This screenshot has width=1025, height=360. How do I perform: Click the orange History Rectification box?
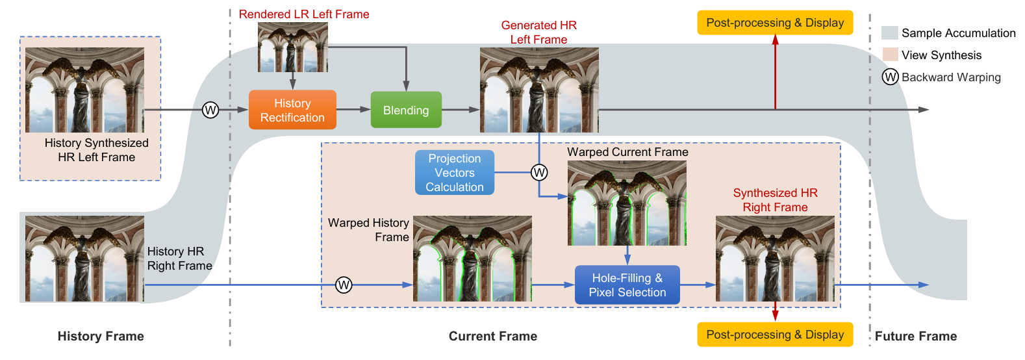tap(292, 110)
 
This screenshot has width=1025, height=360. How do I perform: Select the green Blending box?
tap(406, 110)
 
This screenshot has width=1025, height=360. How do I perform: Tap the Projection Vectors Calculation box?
tap(455, 173)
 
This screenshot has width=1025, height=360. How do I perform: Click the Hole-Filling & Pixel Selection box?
tap(627, 285)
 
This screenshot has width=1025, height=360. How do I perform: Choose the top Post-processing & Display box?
tap(775, 23)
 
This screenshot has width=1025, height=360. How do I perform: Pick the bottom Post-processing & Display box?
tap(775, 335)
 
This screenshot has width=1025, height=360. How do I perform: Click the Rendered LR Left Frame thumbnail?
tap(293, 47)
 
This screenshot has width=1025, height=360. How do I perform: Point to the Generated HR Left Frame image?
tap(539, 90)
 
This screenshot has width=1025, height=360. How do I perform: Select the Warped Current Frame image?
tap(627, 203)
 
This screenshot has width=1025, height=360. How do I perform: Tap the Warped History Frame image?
tap(472, 259)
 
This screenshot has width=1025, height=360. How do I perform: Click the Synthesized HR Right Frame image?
tap(775, 259)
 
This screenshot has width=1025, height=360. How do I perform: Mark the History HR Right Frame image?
tap(84, 259)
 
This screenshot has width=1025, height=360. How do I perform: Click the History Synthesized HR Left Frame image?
tap(84, 90)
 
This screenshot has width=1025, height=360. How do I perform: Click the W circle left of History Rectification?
tap(210, 110)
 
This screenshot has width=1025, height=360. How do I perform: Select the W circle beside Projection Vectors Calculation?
tap(539, 172)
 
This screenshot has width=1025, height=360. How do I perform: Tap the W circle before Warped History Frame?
tap(344, 285)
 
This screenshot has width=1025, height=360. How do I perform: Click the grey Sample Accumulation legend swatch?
tap(890, 33)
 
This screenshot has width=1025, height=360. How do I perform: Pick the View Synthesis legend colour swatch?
tap(890, 55)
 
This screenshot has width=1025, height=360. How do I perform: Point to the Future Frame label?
tap(915, 336)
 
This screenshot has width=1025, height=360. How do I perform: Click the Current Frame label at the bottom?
tap(493, 336)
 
